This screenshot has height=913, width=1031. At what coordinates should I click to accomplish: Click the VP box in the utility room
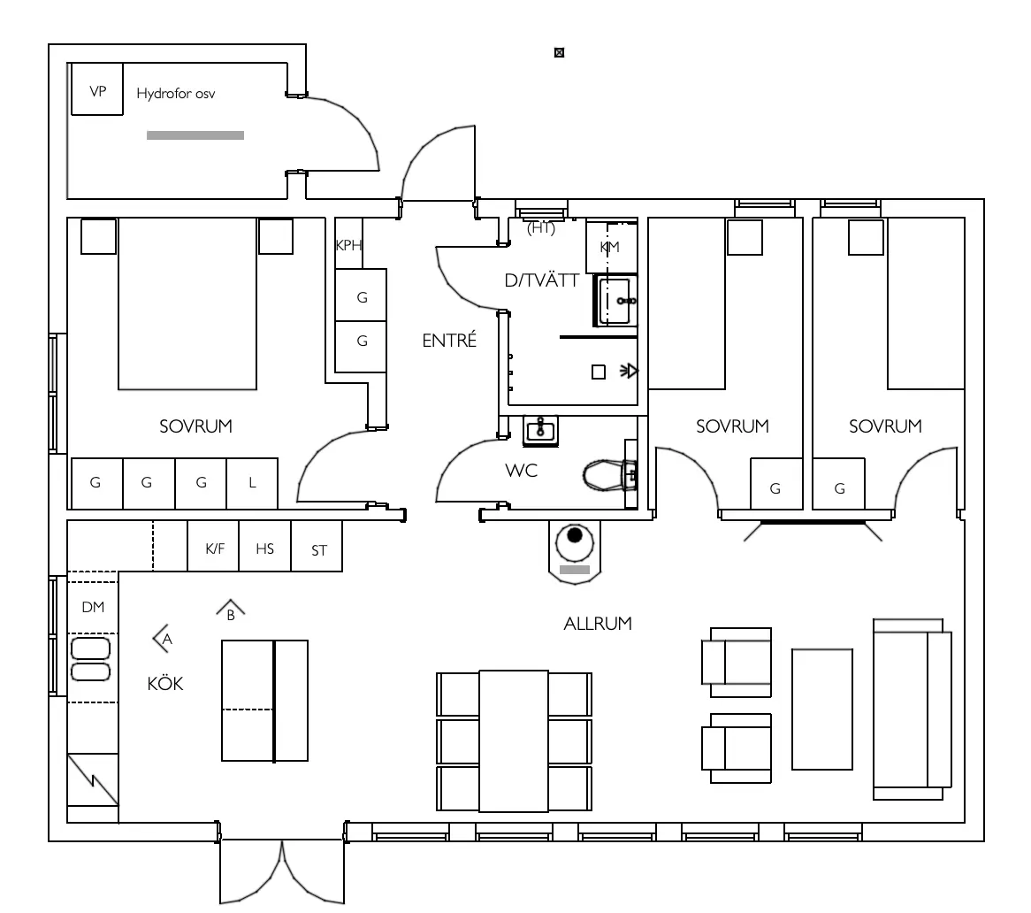(x=96, y=89)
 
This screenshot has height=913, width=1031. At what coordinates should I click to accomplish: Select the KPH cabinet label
(x=348, y=246)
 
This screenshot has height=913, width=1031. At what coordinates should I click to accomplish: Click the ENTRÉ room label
(x=449, y=341)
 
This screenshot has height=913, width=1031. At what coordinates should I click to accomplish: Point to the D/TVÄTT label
(x=541, y=281)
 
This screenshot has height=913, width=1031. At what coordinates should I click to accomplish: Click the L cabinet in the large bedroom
(x=253, y=483)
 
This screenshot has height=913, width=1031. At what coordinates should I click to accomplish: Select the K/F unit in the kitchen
(x=215, y=549)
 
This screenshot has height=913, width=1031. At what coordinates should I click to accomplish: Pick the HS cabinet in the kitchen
(x=265, y=549)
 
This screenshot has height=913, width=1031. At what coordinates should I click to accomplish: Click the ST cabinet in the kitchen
(x=319, y=550)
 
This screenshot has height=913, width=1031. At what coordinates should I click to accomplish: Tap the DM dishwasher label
(x=93, y=607)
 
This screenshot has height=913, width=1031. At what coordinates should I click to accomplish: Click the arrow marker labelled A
(x=162, y=637)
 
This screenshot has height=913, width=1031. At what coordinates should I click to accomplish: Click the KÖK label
(x=165, y=684)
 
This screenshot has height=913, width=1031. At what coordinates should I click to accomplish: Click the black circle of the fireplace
(x=576, y=535)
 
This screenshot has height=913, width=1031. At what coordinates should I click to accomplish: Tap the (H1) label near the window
(x=539, y=228)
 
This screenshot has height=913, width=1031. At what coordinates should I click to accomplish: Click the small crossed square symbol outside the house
(x=559, y=53)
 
